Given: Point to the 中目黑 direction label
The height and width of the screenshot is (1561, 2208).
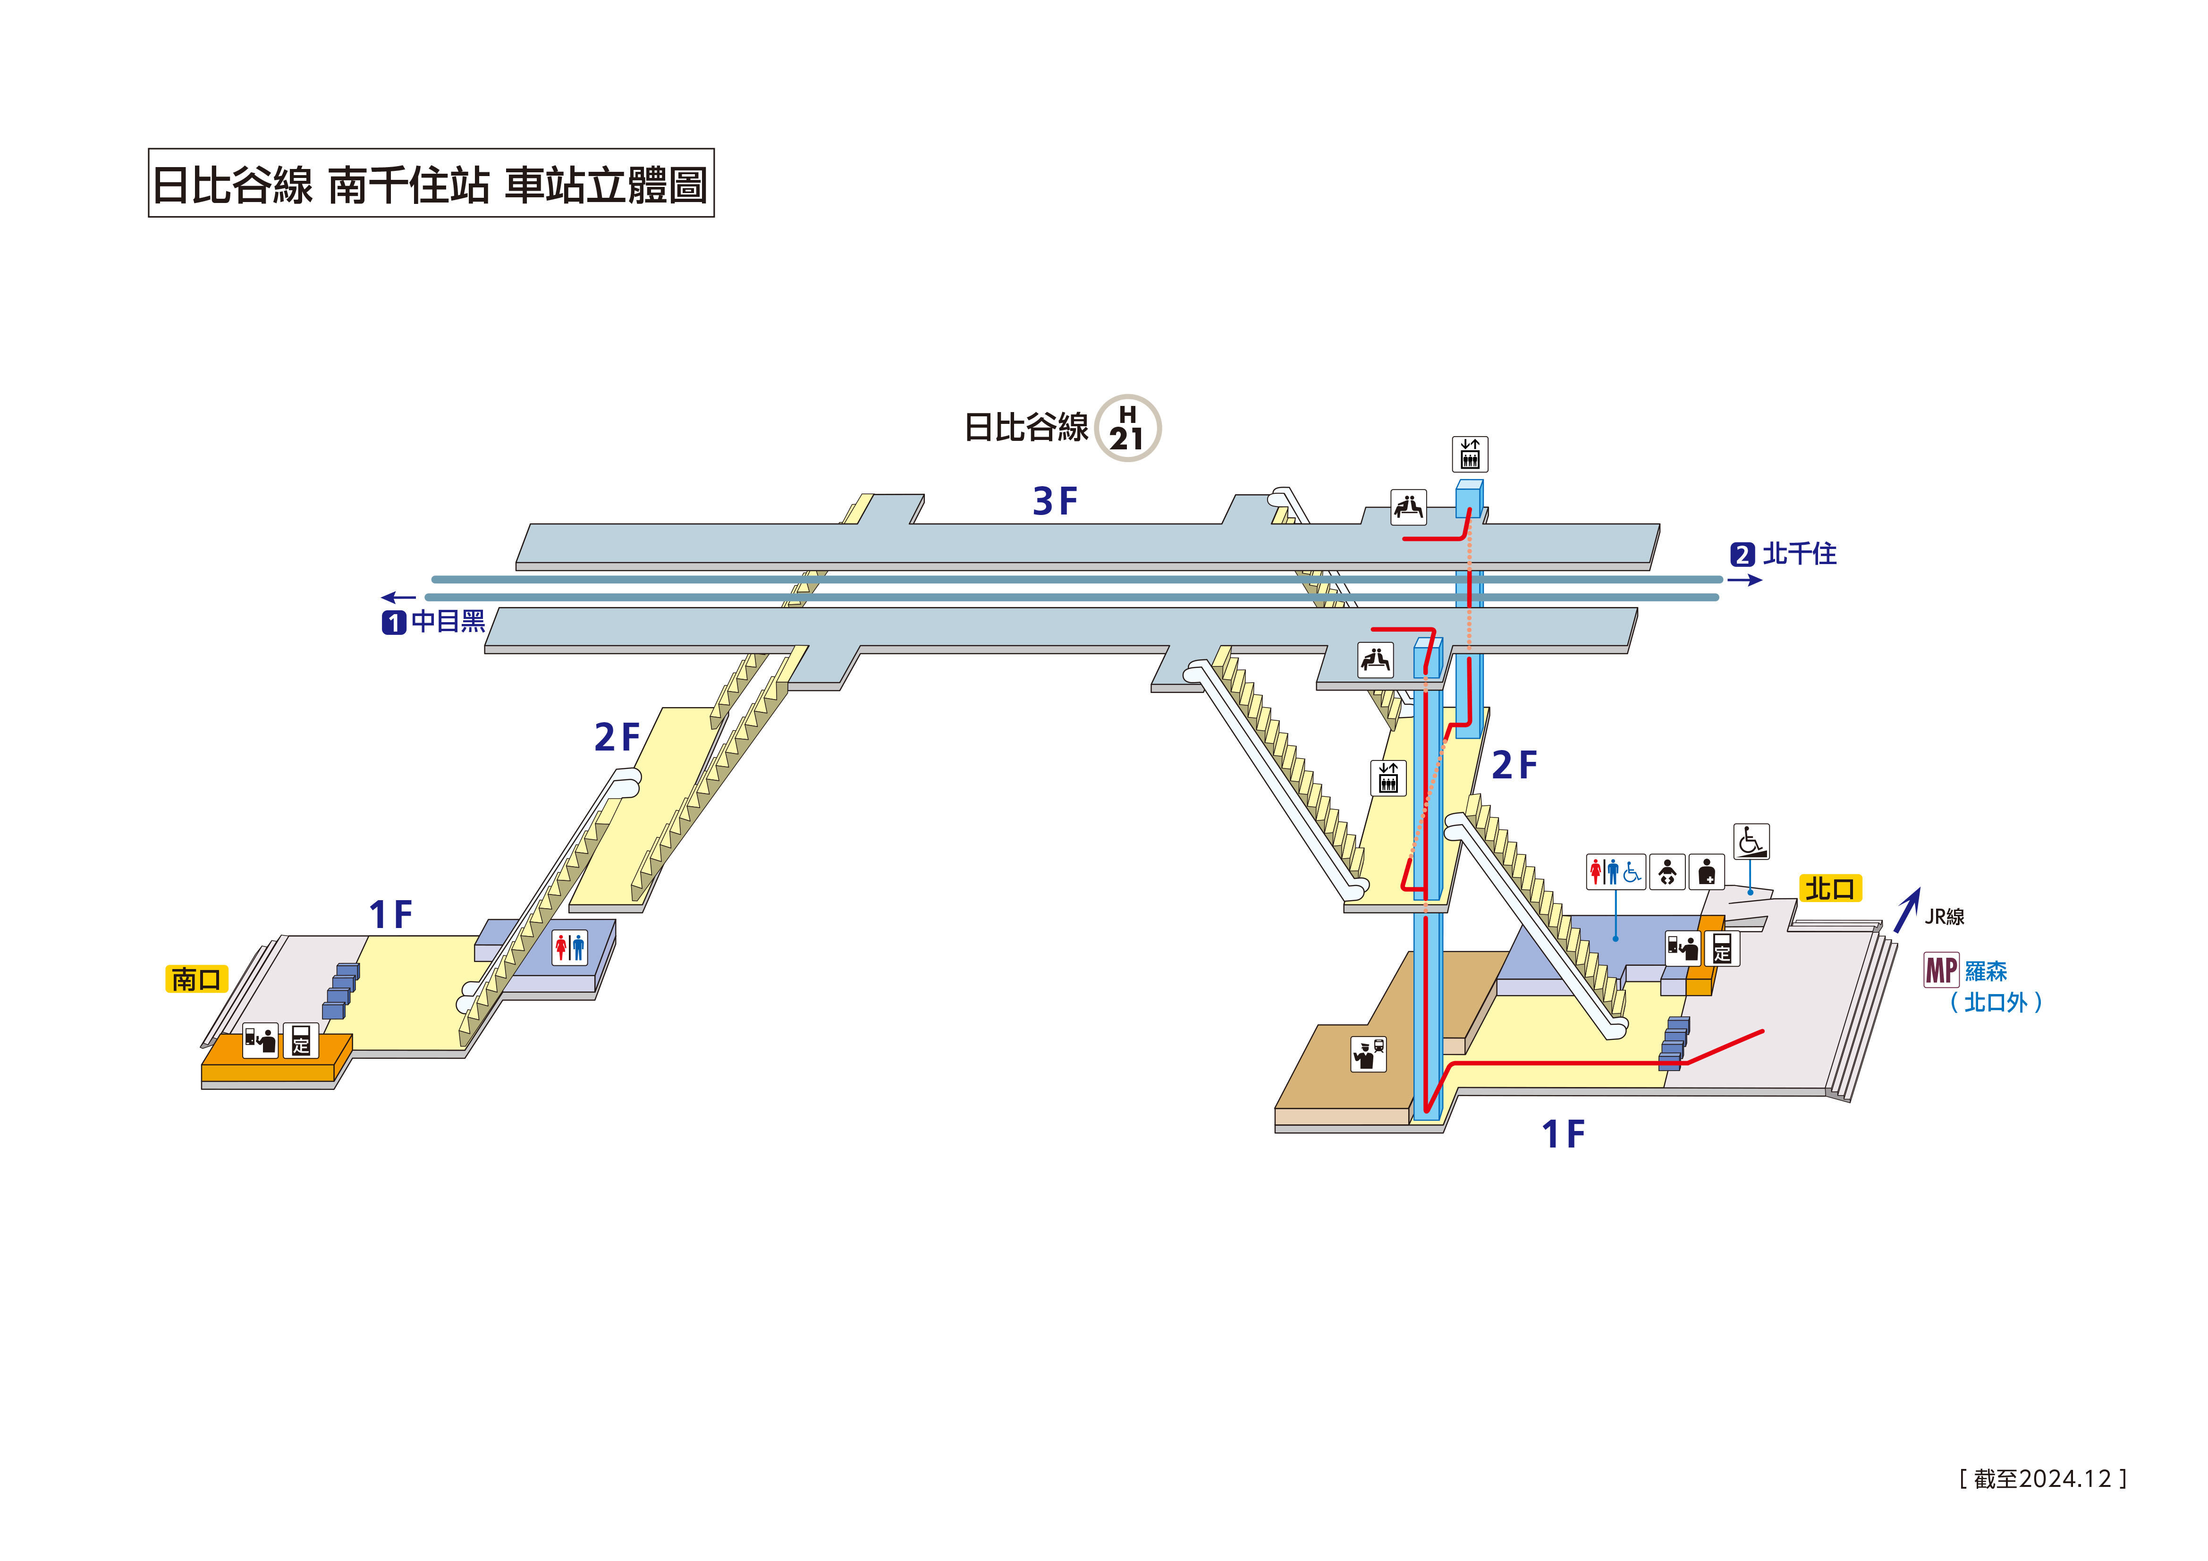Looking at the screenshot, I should coord(447,621).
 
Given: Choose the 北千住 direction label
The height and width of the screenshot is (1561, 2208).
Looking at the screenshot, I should coord(1798,554).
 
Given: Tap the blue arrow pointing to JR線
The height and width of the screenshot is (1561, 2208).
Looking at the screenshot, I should coord(1907,910).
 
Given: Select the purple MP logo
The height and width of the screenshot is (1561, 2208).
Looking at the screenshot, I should coord(1941,970).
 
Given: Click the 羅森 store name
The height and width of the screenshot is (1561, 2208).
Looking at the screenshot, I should coord(1986,971).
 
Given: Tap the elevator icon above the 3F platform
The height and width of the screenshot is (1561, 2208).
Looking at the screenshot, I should coord(1470,454).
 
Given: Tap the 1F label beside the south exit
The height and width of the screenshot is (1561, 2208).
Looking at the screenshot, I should coord(390,915).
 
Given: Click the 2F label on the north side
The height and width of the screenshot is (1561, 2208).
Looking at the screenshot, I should coord(1514,766).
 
